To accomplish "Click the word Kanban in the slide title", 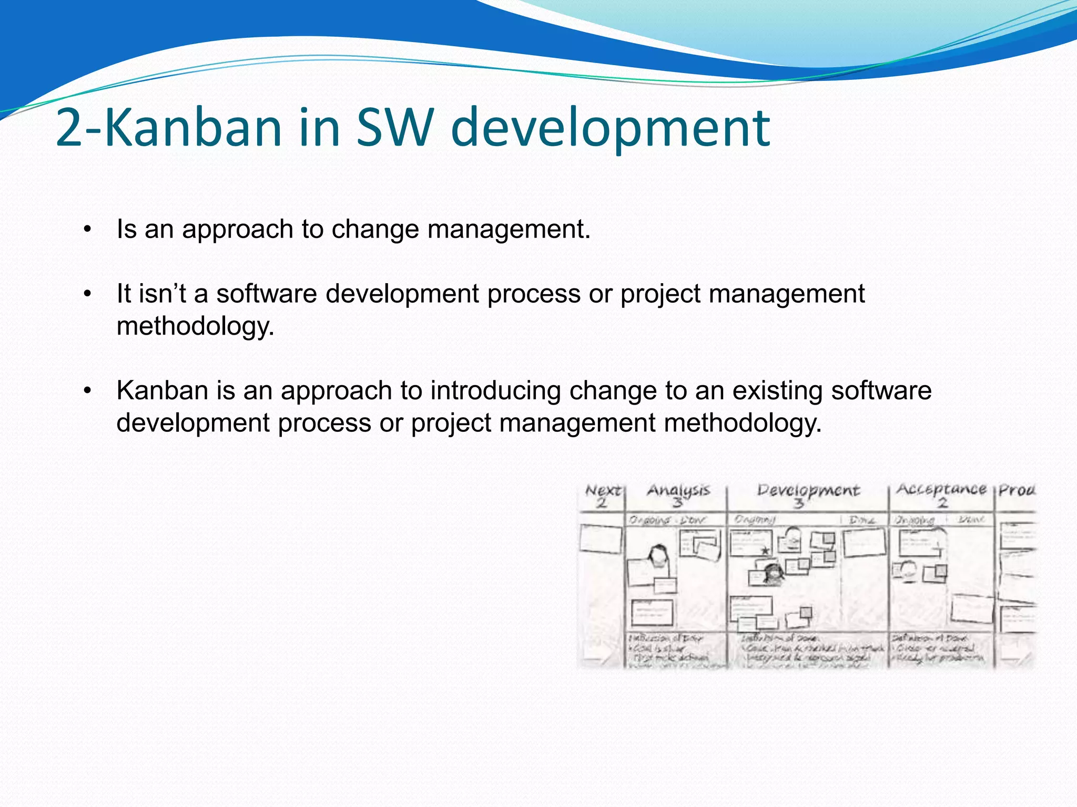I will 194,128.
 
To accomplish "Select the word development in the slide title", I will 610,128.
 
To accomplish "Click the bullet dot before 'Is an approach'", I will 88,230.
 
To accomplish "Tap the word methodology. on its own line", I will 196,326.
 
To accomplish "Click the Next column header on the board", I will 603,491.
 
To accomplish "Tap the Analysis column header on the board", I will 678,490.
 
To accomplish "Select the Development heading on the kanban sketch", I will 808,490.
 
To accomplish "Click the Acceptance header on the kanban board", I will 941,489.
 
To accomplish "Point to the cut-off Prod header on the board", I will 1017,490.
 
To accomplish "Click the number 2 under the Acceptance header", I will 942,503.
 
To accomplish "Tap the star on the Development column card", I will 765,551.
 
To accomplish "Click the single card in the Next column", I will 600,540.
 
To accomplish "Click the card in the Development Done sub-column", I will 864,542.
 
